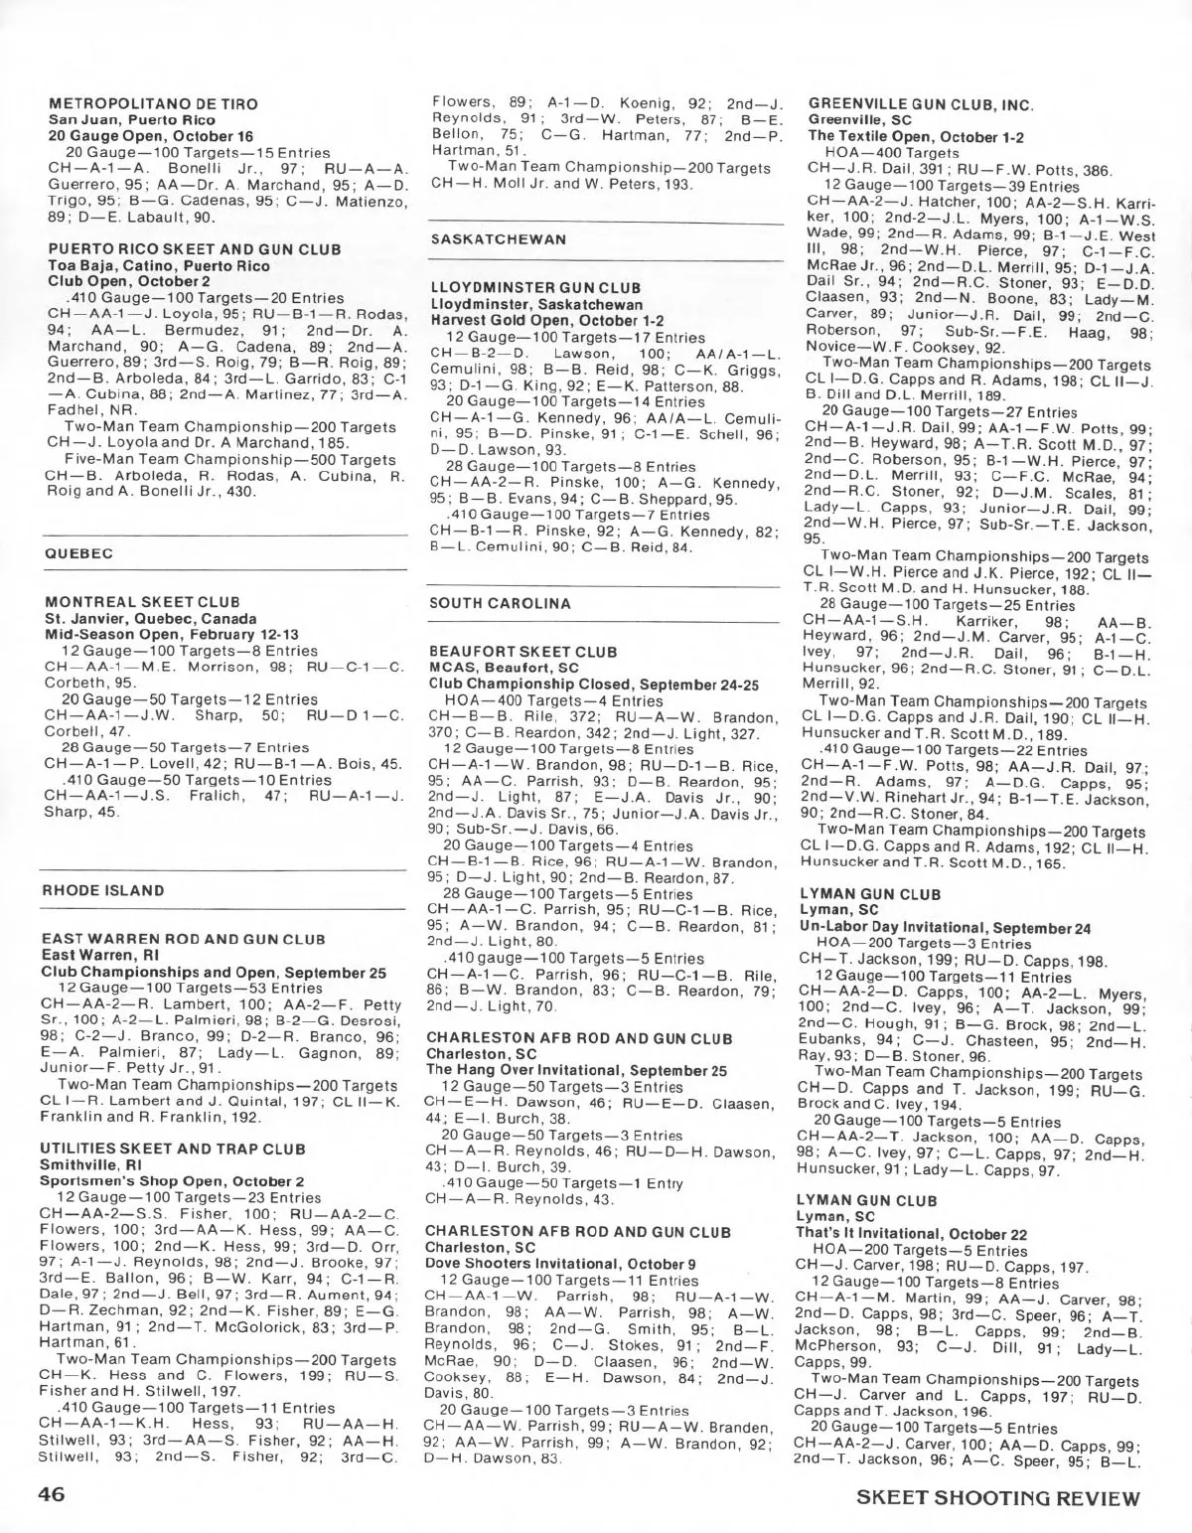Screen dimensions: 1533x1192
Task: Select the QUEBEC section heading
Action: point(79,553)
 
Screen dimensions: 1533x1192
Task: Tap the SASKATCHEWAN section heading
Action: point(499,239)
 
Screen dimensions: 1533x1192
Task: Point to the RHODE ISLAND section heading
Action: point(103,891)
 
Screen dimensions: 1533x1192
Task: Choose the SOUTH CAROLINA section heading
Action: point(501,603)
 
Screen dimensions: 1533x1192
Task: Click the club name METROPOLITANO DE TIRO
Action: point(153,104)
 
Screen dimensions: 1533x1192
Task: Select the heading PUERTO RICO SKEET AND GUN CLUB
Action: point(195,249)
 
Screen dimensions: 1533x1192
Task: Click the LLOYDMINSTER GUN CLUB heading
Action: point(535,288)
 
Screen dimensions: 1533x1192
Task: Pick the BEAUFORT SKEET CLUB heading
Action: point(522,652)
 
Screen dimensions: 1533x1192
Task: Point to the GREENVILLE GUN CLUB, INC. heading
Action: point(921,104)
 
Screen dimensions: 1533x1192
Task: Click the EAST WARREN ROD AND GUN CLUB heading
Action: point(184,939)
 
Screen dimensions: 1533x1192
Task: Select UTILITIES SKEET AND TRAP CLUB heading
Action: point(173,1149)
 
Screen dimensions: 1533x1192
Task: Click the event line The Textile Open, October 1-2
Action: point(916,137)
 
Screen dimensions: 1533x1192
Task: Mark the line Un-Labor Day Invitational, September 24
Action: point(945,927)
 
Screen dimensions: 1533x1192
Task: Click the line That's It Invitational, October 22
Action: point(912,1234)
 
